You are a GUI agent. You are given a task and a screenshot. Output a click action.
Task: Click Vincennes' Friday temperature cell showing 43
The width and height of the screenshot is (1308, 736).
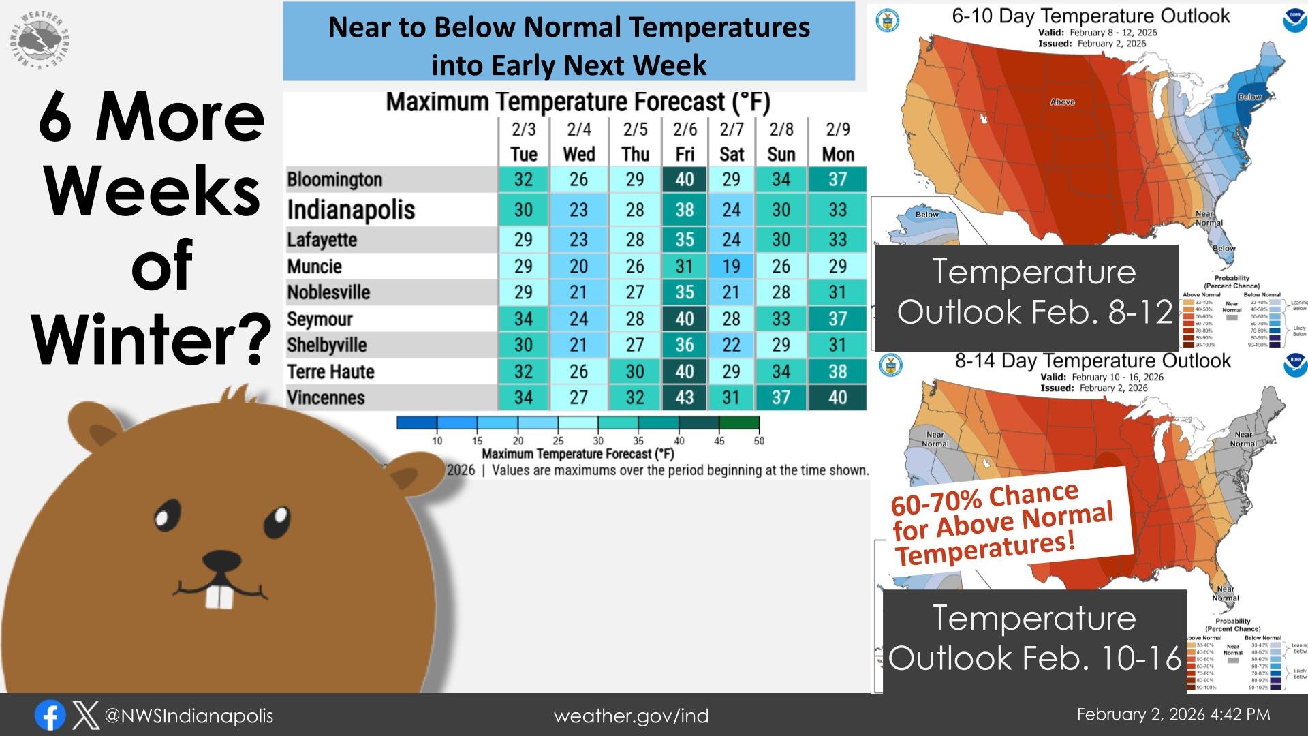tap(684, 397)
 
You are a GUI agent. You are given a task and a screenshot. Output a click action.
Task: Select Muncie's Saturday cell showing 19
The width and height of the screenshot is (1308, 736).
tap(731, 266)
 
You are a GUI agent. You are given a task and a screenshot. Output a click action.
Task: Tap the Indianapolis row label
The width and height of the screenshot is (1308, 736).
tap(351, 209)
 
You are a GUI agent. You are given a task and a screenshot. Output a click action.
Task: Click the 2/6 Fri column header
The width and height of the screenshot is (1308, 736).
tap(685, 141)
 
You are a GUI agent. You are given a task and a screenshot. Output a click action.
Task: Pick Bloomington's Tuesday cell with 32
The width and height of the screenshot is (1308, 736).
tap(523, 179)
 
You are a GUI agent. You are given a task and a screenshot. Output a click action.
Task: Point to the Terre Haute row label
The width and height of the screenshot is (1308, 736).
tap(330, 371)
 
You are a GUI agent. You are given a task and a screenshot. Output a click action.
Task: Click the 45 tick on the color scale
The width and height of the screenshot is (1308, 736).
tap(719, 440)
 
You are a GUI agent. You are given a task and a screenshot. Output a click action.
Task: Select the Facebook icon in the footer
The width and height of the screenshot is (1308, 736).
tap(50, 716)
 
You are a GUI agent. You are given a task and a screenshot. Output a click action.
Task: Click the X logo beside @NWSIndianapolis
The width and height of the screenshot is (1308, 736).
tap(86, 716)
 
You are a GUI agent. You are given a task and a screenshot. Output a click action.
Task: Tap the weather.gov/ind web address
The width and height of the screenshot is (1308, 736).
tap(631, 716)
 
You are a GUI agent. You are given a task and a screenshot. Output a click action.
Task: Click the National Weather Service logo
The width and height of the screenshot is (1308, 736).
tap(40, 40)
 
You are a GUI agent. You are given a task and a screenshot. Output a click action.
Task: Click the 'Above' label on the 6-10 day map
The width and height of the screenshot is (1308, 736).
tap(1062, 102)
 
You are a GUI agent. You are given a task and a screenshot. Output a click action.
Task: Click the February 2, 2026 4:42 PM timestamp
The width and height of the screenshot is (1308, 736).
tap(1173, 714)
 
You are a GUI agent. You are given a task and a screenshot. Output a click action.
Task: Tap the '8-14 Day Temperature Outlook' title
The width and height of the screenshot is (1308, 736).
tap(1092, 361)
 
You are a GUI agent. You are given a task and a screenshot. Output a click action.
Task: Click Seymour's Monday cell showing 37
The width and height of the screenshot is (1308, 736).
tap(837, 318)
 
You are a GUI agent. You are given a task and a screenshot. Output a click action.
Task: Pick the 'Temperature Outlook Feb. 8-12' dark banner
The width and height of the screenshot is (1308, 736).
tap(1026, 292)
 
